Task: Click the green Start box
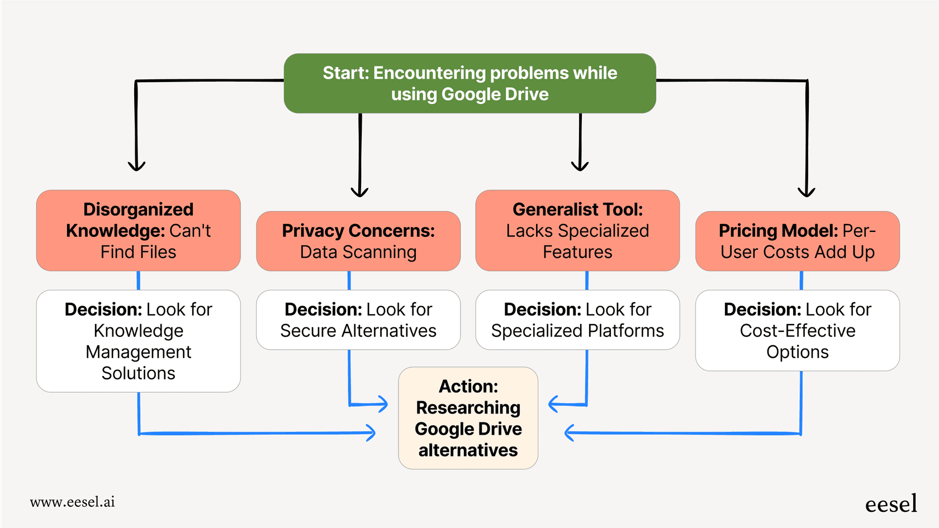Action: pyautogui.click(x=469, y=83)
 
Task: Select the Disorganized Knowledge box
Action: pyautogui.click(x=138, y=230)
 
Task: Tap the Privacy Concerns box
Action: pyautogui.click(x=358, y=241)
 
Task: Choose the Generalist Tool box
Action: pyautogui.click(x=577, y=230)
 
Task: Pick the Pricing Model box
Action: pyautogui.click(x=797, y=241)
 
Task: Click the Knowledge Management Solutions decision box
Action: pyautogui.click(x=138, y=341)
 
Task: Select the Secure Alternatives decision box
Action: pyautogui.click(x=358, y=320)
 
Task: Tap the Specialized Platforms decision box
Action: pyautogui.click(x=577, y=320)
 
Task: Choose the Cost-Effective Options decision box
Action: pyautogui.click(x=797, y=330)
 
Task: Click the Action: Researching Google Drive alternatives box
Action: pyautogui.click(x=468, y=418)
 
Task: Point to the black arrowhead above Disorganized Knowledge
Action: pyautogui.click(x=136, y=167)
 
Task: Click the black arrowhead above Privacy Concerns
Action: pyautogui.click(x=359, y=193)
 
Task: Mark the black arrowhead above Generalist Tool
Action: pyautogui.click(x=580, y=167)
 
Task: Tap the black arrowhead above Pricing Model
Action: pyautogui.click(x=806, y=193)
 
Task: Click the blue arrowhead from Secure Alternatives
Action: pyautogui.click(x=383, y=404)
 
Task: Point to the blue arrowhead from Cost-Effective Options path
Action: pyautogui.click(x=570, y=432)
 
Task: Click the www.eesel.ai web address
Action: pyautogui.click(x=72, y=502)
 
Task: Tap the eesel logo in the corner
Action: pyautogui.click(x=891, y=504)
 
